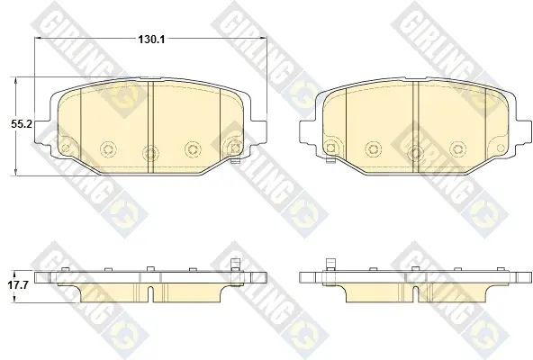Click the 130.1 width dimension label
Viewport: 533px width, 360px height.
pyautogui.click(x=151, y=40)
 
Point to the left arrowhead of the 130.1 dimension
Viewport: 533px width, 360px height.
pyautogui.click(x=38, y=38)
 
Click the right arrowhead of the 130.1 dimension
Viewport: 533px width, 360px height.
pyautogui.click(x=264, y=38)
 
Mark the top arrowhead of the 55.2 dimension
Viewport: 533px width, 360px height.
pyautogui.click(x=15, y=81)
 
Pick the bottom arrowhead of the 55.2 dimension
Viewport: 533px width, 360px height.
pyautogui.click(x=15, y=173)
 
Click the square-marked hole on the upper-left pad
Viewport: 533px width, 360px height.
pyautogui.click(x=235, y=148)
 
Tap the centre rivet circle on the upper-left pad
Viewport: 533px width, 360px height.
pyautogui.click(x=150, y=152)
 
